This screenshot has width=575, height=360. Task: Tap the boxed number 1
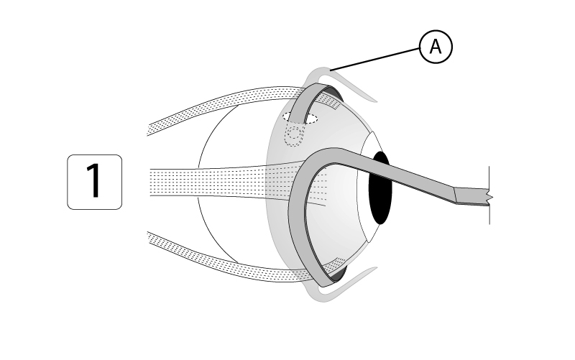click(94, 182)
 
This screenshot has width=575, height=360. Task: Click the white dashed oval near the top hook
click(300, 117)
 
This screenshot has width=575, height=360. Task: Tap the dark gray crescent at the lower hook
click(338, 272)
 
